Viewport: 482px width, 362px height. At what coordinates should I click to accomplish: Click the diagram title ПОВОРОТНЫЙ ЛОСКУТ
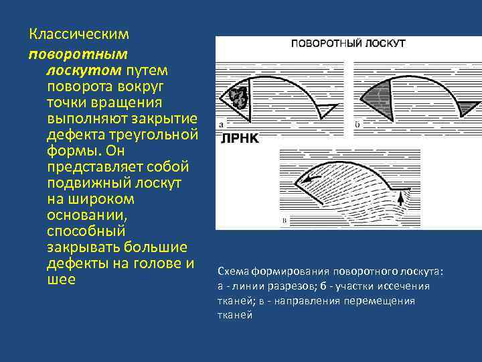click(x=347, y=44)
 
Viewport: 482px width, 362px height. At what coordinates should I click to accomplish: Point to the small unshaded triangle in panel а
click(x=326, y=109)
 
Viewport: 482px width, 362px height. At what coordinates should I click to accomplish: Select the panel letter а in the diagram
click(x=221, y=124)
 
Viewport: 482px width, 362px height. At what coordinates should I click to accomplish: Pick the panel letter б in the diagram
click(x=357, y=124)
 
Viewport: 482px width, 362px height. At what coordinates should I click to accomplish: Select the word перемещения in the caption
click(x=379, y=301)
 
